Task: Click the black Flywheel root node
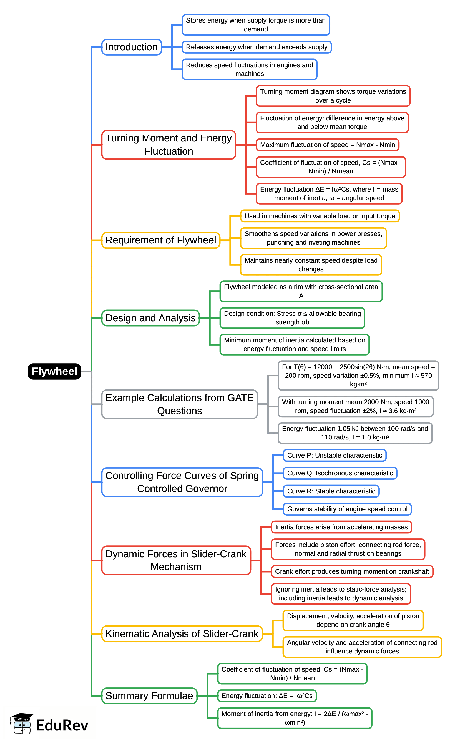54,371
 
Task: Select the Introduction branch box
132,47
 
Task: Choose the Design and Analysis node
150,318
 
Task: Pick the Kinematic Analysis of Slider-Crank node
182,633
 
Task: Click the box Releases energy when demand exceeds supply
257,47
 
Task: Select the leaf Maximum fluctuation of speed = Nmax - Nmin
327,145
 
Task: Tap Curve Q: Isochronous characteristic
340,473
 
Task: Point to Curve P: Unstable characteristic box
335,455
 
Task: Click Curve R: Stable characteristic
331,491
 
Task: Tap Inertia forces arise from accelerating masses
341,527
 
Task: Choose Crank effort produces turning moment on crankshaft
352,571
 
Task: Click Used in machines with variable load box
320,216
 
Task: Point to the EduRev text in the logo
62,725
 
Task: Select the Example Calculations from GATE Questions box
179,404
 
